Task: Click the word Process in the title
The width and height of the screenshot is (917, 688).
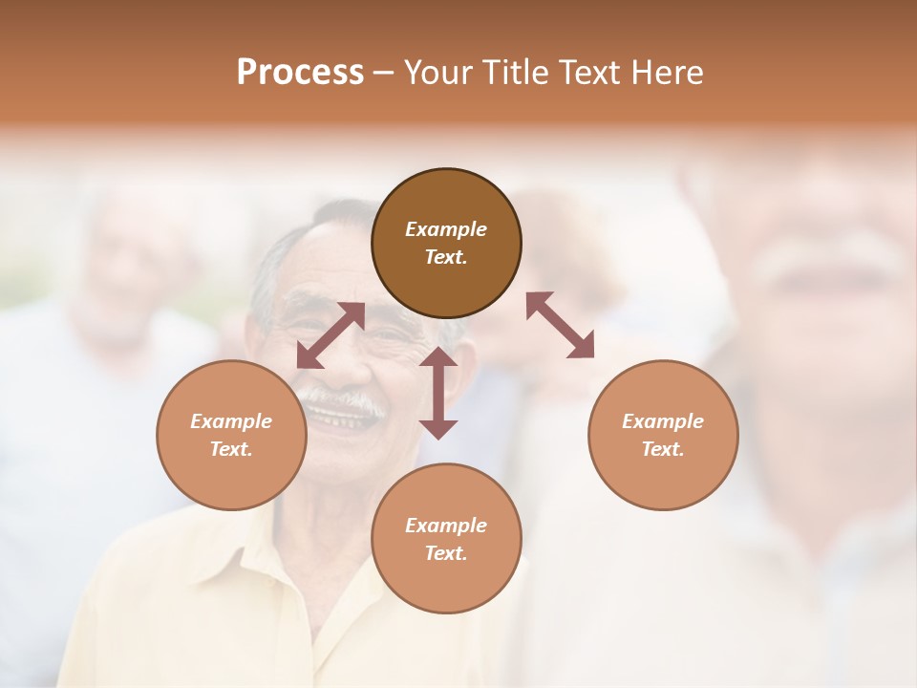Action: [x=300, y=73]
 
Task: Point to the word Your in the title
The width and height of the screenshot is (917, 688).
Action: [x=438, y=73]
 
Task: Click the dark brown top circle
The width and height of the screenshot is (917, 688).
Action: [x=446, y=243]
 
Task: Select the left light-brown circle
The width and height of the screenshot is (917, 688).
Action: [x=231, y=435]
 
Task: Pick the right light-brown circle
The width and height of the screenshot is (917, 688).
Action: [x=663, y=435]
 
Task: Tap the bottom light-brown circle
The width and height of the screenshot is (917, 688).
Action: [x=446, y=538]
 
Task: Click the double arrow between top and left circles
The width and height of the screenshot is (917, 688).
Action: [x=331, y=335]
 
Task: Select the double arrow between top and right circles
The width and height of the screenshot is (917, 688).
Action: [x=560, y=325]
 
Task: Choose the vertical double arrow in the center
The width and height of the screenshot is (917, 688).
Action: [x=438, y=393]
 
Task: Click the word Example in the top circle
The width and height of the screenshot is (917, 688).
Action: [x=446, y=229]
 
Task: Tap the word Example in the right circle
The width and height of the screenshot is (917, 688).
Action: [x=663, y=421]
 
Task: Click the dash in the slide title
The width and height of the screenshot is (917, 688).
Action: [x=384, y=73]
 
